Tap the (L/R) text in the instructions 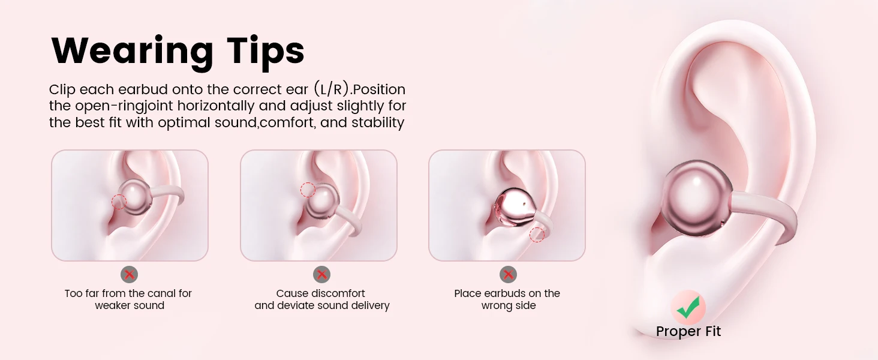332,89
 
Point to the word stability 378,122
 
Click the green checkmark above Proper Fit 688,307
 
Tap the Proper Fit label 688,331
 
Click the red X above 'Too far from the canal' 130,275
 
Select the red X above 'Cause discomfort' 322,275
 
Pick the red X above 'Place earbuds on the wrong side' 509,275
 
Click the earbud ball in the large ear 697,199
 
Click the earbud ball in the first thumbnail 135,197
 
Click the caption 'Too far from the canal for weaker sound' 128,299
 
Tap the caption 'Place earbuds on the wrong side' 507,299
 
